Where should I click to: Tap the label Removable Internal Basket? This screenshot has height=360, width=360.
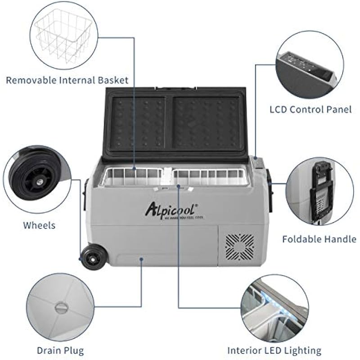(x=67, y=81)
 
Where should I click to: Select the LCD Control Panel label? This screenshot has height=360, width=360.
(x=310, y=109)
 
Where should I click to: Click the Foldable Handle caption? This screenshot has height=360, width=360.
(x=319, y=239)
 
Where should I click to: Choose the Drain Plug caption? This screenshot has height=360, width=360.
(x=61, y=350)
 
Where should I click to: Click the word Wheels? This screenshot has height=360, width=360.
(x=40, y=225)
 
